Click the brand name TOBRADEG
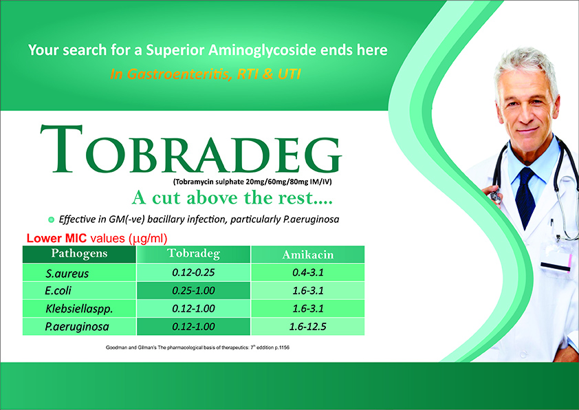coord(191,149)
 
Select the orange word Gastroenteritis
coord(171,74)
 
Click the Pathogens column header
coord(79,253)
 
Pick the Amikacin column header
coord(307,255)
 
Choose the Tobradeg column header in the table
coord(193,253)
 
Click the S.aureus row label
coord(67,273)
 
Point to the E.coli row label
coord(58,291)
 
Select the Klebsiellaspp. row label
coord(79,309)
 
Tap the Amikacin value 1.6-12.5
coord(307,327)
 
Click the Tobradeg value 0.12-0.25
coord(193,272)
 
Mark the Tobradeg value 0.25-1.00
coord(193,291)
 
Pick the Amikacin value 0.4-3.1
coord(308,272)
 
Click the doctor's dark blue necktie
coord(525,197)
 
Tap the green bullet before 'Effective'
coord(52,219)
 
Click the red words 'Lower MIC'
coord(56,238)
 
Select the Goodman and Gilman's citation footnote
coord(197,347)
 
